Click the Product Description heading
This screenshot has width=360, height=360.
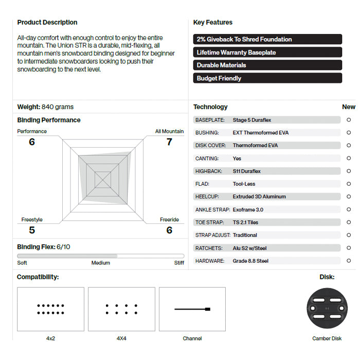47,23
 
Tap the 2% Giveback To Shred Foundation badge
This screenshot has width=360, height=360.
267,39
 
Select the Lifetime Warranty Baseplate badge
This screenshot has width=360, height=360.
267,52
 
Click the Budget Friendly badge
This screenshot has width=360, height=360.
267,78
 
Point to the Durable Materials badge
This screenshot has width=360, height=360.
267,65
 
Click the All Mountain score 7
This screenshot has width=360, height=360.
169,141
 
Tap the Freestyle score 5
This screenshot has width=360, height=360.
32,230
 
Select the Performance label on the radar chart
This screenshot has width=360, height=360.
32,131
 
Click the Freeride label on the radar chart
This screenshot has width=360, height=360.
169,220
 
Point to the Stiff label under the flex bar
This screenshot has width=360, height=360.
179,263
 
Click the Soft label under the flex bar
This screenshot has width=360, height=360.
22,263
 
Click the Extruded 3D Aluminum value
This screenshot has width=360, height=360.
259,196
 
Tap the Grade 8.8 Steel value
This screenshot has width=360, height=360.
250,261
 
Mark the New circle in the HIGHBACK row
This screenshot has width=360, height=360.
349,171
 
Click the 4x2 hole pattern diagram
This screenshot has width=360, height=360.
50,309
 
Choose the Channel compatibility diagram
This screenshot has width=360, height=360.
192,309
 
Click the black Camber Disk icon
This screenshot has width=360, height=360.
327,309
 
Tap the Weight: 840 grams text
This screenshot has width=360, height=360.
45,107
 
